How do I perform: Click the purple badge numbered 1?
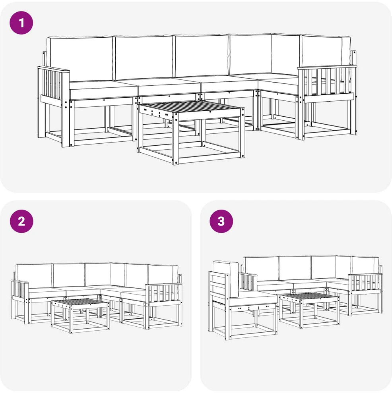pos(21,23)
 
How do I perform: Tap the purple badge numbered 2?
pos(21,222)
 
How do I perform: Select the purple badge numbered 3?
pos(221,222)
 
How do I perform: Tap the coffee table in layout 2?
pos(80,316)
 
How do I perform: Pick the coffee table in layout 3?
pos(309,310)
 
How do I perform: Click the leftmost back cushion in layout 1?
pos(80,59)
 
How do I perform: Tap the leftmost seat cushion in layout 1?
pos(103,89)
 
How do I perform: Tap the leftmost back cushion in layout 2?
pos(34,276)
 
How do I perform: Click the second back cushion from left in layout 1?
pos(143,57)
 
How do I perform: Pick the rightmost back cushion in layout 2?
pos(163,275)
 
